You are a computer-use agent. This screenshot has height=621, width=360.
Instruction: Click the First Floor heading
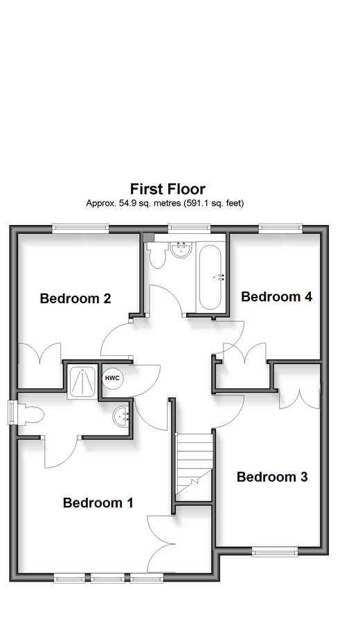[168, 189]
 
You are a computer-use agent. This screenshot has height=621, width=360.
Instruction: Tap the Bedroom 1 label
[98, 503]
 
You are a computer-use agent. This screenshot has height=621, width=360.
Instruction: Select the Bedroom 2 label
[75, 298]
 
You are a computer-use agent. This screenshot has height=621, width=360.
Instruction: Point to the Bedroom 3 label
[272, 477]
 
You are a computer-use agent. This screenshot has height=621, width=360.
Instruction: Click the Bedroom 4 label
[276, 296]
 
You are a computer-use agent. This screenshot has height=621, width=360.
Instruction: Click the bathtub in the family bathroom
[210, 277]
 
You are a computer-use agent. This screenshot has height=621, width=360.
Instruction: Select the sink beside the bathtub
[182, 250]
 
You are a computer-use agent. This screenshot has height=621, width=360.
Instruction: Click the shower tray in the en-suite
[82, 382]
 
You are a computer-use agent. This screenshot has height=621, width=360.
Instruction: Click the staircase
[194, 463]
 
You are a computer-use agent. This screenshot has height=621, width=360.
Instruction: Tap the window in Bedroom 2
[80, 227]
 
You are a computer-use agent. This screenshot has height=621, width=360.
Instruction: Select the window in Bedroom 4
[280, 227]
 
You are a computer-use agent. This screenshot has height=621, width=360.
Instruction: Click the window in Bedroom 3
[275, 551]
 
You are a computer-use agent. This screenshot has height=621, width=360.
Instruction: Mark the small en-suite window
[12, 413]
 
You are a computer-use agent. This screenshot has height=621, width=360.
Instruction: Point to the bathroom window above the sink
[189, 227]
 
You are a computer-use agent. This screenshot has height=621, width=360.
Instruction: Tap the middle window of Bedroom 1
[108, 579]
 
